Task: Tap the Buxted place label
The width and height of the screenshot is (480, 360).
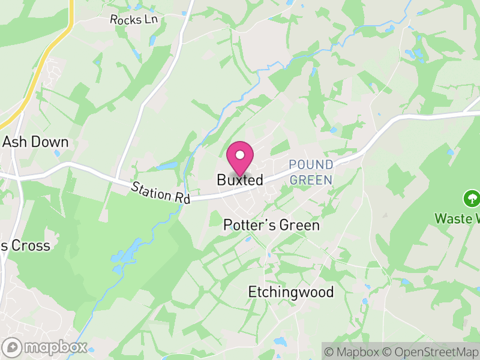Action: coord(240,180)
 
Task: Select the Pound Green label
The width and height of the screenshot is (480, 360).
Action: coord(311,172)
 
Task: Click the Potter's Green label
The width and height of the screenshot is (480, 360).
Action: coord(271,225)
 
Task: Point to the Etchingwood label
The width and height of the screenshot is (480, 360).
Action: coord(291,292)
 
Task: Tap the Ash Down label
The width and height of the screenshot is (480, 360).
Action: coord(36,142)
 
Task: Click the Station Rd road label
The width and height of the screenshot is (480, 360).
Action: coord(161,193)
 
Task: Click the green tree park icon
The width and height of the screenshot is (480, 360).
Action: coord(472,198)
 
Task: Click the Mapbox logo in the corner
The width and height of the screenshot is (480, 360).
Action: coord(45,347)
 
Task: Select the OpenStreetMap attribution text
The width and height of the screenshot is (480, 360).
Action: coord(431,352)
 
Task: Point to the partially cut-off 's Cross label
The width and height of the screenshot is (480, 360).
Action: coord(25,245)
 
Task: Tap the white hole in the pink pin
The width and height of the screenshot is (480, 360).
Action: coord(239,154)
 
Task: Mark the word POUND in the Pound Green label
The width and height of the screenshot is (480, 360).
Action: coord(311,164)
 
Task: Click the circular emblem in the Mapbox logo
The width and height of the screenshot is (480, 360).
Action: coord(12,347)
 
